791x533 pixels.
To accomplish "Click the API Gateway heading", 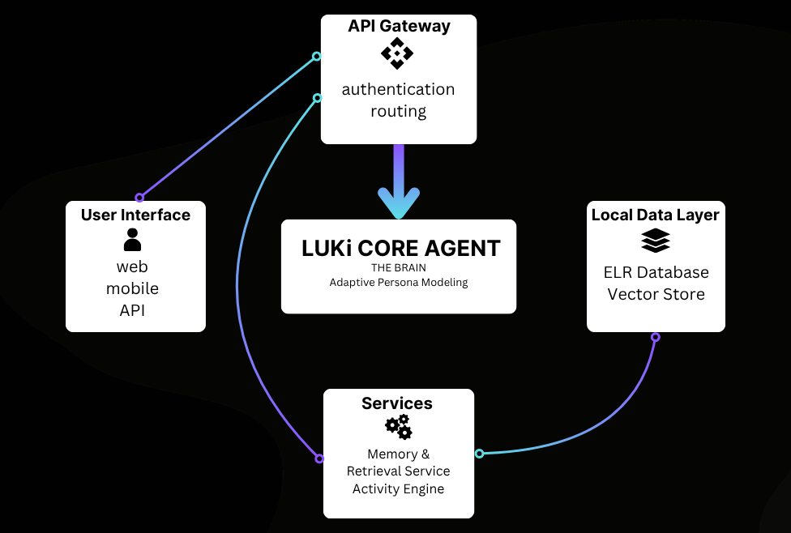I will [x=399, y=26].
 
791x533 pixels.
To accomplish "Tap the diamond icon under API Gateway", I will [x=397, y=54].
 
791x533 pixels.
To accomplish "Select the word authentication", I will [x=398, y=89].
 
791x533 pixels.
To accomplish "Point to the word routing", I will [x=398, y=111].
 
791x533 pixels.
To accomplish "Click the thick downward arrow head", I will [x=399, y=203].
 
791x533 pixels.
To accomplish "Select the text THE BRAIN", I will [x=399, y=267].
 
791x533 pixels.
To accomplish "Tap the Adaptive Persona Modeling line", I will [x=399, y=283].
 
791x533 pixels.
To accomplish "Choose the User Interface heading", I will [x=135, y=215].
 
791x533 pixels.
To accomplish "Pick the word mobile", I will [x=133, y=288].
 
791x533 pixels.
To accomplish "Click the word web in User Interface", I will [x=133, y=266].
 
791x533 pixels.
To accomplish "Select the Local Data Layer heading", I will [x=656, y=215].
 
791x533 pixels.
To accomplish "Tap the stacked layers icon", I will [x=656, y=241].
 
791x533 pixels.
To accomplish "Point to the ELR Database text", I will [x=656, y=272].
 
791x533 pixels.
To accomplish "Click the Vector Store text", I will [x=656, y=294].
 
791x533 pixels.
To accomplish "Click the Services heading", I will [x=397, y=403].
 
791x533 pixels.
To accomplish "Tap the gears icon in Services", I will [x=398, y=427].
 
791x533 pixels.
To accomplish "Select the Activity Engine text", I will [x=398, y=488].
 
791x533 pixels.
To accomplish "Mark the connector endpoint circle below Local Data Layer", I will [x=656, y=337].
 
